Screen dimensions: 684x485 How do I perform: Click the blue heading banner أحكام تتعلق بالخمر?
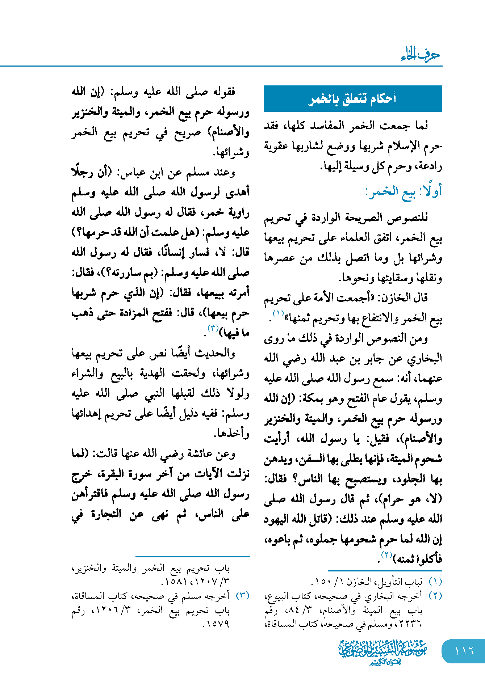(x=353, y=98)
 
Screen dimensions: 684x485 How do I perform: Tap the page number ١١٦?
(x=464, y=650)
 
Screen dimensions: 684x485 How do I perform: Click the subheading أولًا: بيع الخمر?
(x=404, y=191)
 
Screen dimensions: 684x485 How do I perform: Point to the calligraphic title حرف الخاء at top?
(x=421, y=55)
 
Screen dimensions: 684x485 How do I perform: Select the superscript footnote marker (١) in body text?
(x=278, y=313)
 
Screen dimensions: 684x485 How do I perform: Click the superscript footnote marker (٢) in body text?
(x=386, y=554)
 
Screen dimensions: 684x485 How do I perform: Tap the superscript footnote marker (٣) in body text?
(x=213, y=328)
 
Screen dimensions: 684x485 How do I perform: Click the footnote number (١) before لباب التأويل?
(x=435, y=582)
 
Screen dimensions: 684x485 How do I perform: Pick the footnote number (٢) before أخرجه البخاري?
(x=435, y=596)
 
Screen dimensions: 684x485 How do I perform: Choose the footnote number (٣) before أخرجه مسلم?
(x=243, y=596)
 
